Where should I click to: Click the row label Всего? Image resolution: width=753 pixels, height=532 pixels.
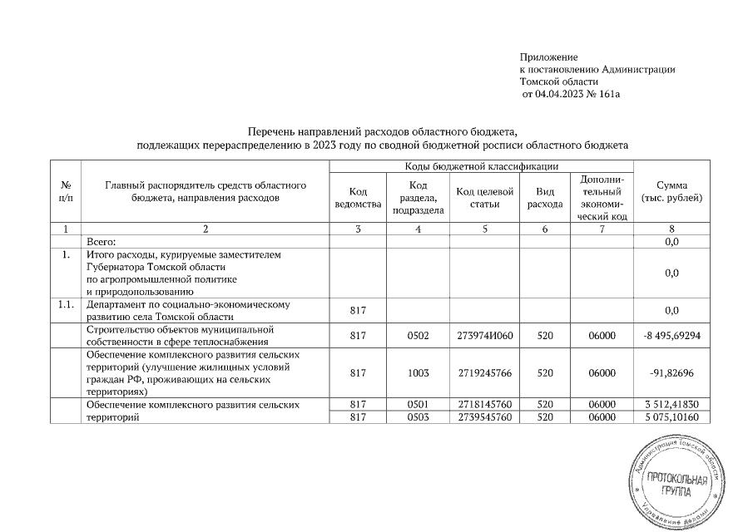tap(102, 241)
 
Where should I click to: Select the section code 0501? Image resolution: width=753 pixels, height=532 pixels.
tap(419, 405)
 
